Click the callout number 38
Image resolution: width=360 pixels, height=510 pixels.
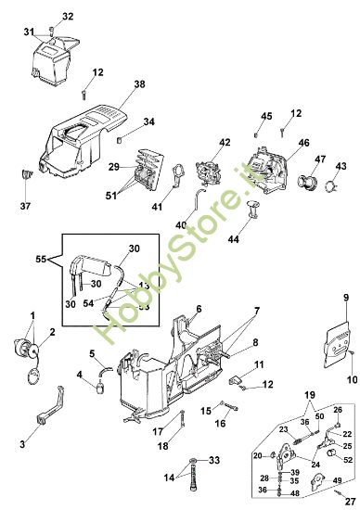[139, 84]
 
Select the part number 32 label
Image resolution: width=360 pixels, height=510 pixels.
[67, 18]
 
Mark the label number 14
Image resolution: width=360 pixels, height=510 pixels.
[169, 478]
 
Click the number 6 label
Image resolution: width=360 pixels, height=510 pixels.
[199, 309]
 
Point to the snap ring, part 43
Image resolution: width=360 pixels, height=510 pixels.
[329, 188]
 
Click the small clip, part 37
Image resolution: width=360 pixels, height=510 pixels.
[28, 172]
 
